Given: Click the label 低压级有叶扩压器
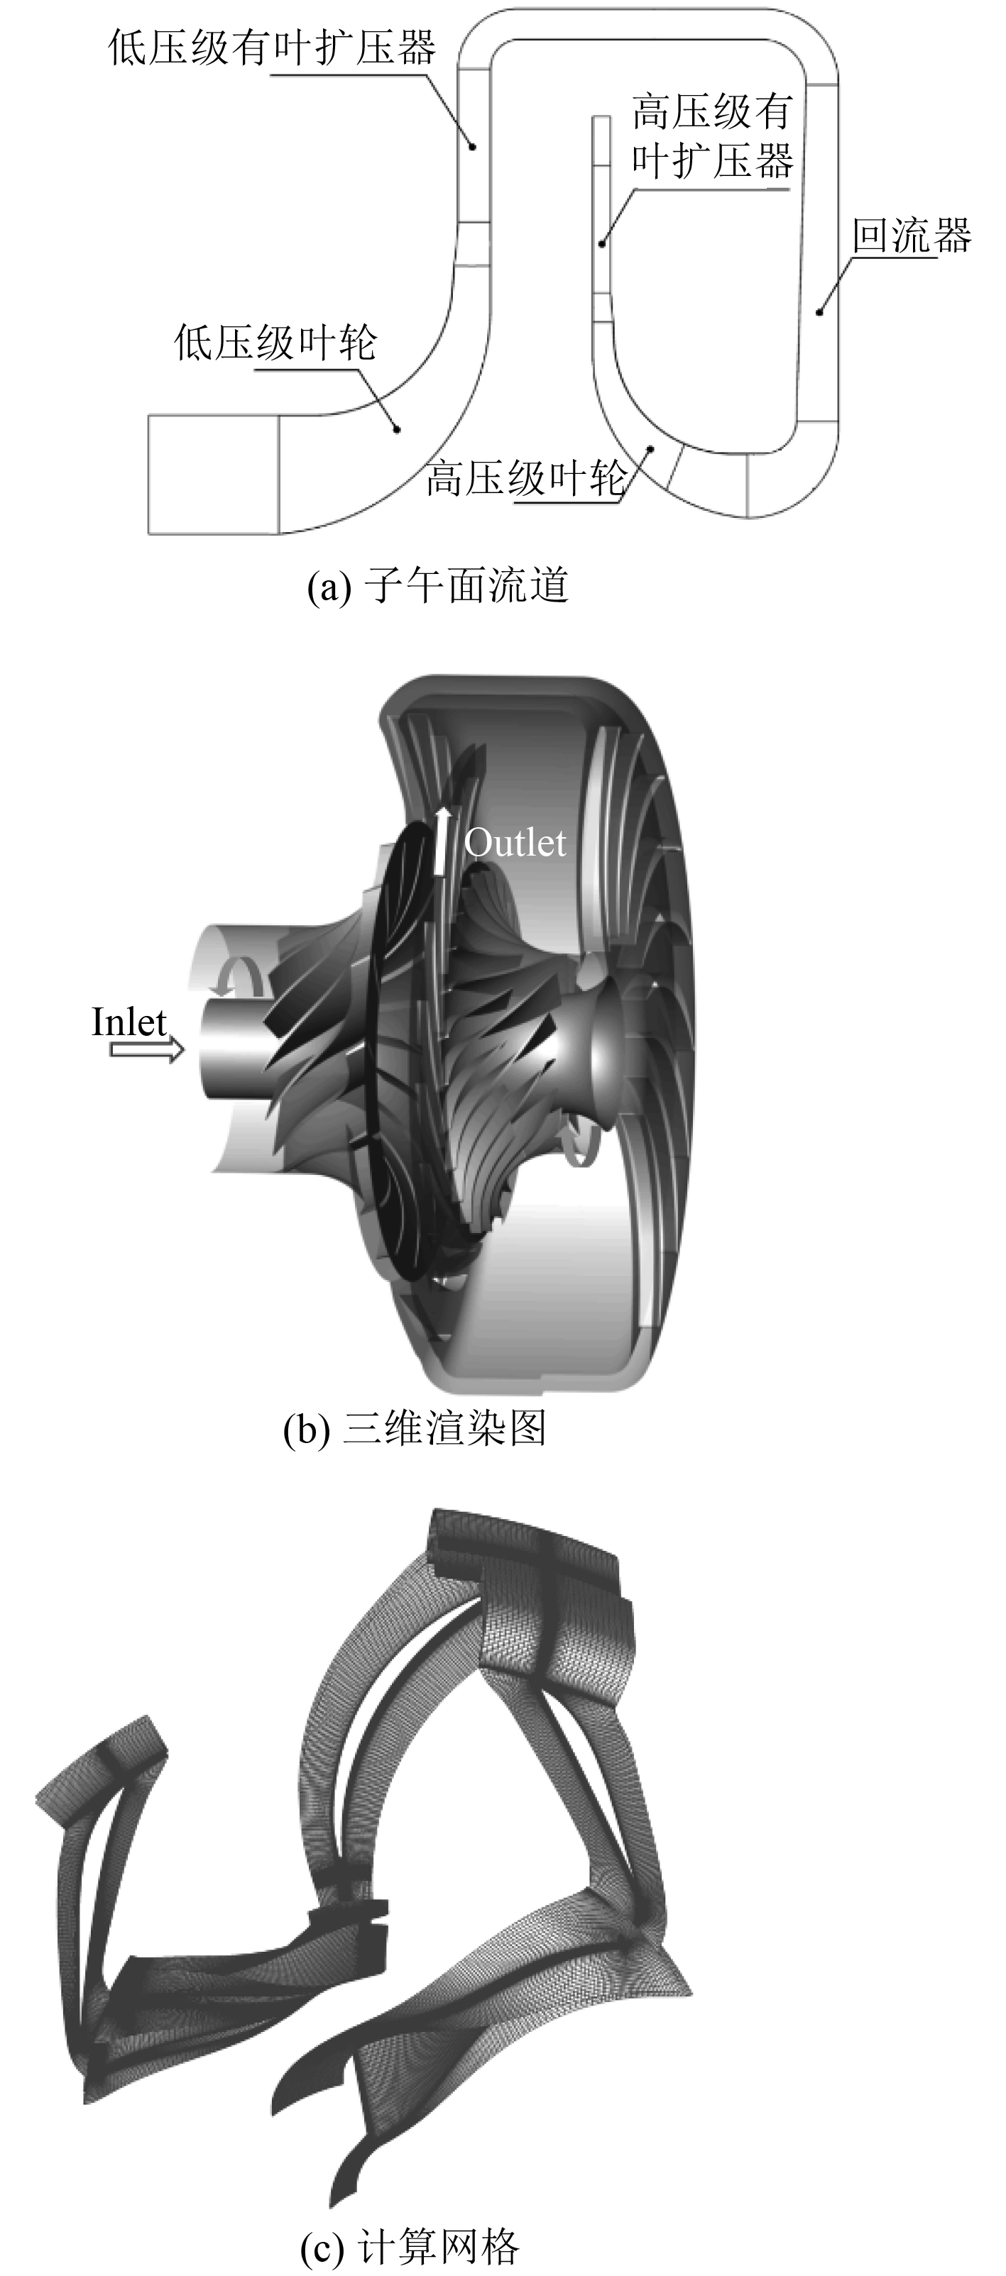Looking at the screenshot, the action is pos(273,47).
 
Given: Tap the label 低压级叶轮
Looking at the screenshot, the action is pos(275,342).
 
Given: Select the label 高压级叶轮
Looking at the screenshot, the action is pos(527,478).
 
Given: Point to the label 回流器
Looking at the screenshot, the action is pos(912,235).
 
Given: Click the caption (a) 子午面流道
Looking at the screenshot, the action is pos(437,585).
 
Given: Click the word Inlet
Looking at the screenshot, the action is pos(129,1022).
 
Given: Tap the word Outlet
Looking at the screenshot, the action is pos(515,843).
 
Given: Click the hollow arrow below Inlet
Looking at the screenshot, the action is pos(147,1049).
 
